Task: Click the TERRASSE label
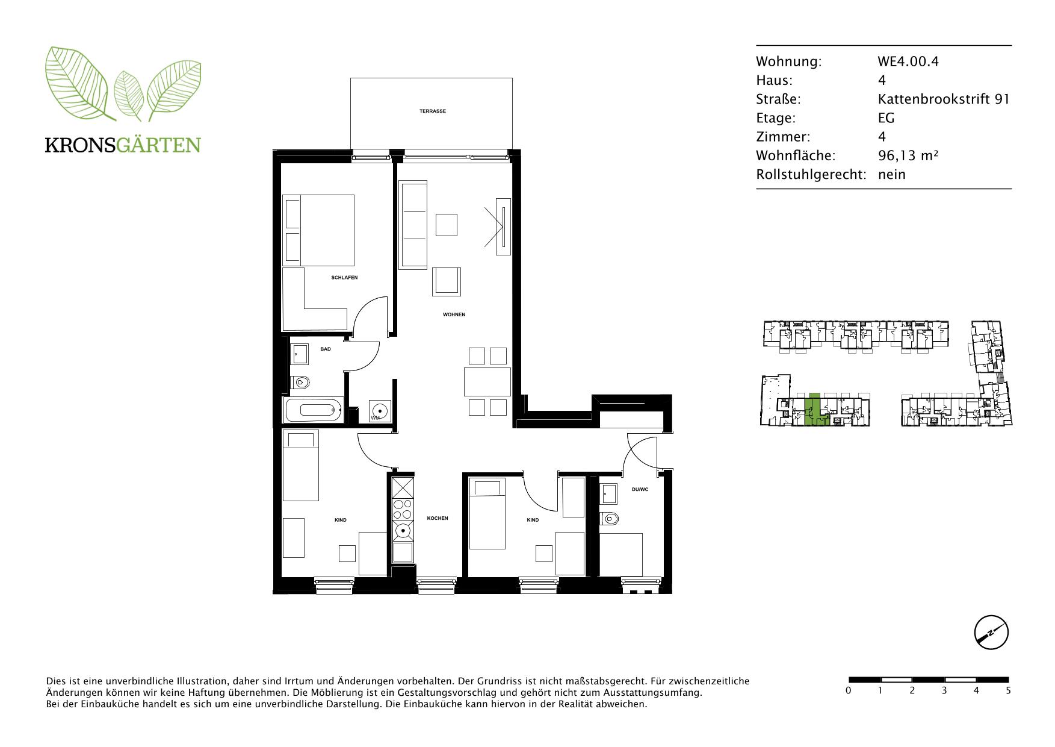click(x=433, y=111)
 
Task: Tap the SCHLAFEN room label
click(x=344, y=278)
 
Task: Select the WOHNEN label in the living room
click(x=454, y=314)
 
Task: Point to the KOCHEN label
click(x=438, y=518)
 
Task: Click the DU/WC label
click(x=640, y=489)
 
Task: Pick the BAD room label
click(x=325, y=349)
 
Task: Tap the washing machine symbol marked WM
click(x=380, y=411)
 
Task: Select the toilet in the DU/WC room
click(x=609, y=518)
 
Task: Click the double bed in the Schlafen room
click(x=318, y=230)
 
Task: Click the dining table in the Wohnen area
click(x=487, y=381)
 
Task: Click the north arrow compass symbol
click(x=991, y=633)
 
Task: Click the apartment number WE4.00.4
click(x=908, y=61)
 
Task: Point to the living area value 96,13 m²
click(x=908, y=155)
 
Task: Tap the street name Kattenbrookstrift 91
click(x=944, y=99)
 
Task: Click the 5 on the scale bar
click(x=1008, y=690)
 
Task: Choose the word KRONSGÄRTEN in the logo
click(x=123, y=145)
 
